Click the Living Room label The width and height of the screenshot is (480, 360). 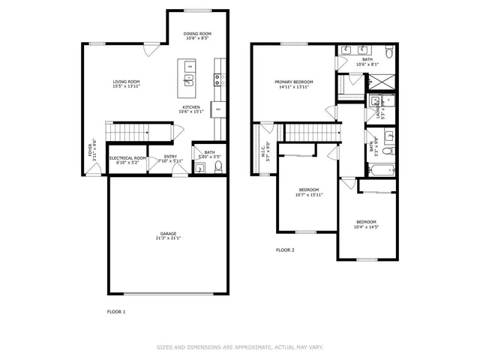(127, 84)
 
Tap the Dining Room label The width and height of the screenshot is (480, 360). (198, 35)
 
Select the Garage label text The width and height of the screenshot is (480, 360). (168, 236)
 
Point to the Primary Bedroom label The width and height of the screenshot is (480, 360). (293, 84)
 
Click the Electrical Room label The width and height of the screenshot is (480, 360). (127, 160)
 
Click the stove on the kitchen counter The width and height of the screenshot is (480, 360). (218, 77)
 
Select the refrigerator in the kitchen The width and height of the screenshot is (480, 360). (217, 109)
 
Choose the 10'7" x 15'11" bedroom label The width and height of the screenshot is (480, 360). (309, 193)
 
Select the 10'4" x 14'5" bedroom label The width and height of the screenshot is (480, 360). (366, 224)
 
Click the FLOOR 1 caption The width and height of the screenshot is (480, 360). (116, 310)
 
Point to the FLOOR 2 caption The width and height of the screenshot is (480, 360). (285, 250)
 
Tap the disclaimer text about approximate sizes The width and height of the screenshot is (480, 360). (239, 347)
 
